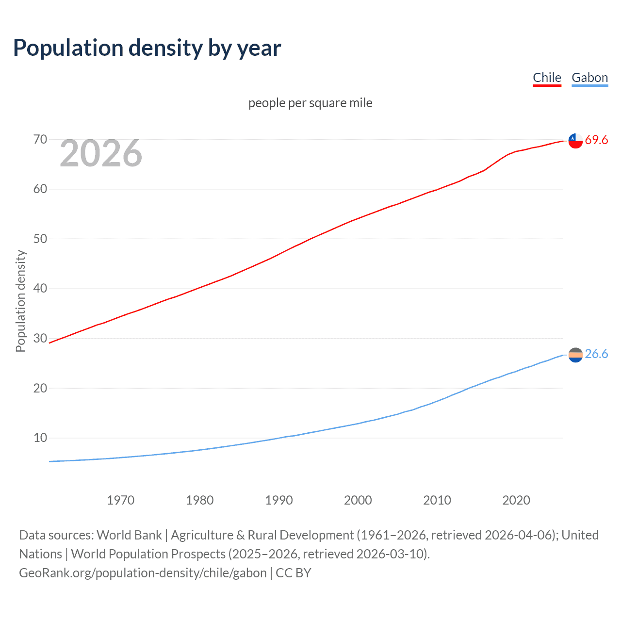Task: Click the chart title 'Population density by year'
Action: (x=147, y=48)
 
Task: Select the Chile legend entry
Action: (x=547, y=78)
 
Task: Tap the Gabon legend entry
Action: (x=589, y=78)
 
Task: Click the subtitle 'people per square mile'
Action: (x=310, y=103)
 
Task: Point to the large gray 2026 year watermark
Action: (x=101, y=153)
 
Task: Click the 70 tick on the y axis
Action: (x=40, y=140)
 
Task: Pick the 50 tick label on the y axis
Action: (x=40, y=239)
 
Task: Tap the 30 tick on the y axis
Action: (x=40, y=338)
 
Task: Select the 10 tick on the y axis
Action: (x=40, y=438)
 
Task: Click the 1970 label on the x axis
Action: (x=120, y=500)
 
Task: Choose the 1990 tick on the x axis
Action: (x=278, y=500)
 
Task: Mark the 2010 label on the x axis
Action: (x=437, y=500)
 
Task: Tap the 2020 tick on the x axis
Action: (x=516, y=500)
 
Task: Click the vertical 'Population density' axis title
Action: (x=20, y=301)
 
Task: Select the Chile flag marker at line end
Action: (x=575, y=141)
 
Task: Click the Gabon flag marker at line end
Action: (x=575, y=355)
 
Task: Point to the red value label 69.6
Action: (x=596, y=140)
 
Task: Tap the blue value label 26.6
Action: (x=596, y=354)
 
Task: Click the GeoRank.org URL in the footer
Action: (x=143, y=573)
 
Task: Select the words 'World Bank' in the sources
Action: (x=129, y=535)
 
